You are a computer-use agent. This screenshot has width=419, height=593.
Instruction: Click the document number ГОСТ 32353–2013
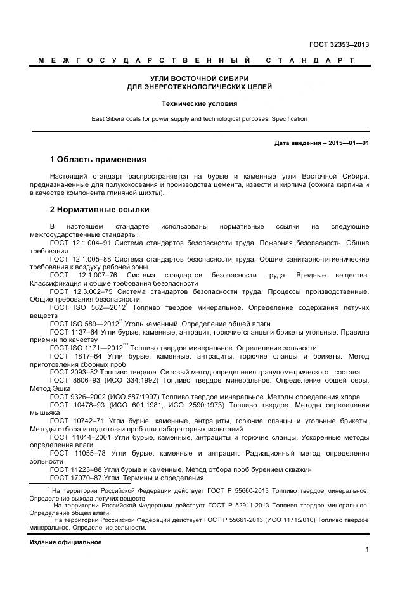pyautogui.click(x=338, y=44)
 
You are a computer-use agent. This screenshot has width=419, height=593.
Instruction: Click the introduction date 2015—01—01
pyautogui.click(x=346, y=143)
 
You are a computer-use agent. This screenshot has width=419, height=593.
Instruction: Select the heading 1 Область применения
pyautogui.click(x=98, y=159)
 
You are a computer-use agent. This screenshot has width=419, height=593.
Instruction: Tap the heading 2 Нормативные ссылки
pyautogui.click(x=100, y=209)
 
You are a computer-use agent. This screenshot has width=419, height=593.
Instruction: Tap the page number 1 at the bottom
pyautogui.click(x=367, y=549)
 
